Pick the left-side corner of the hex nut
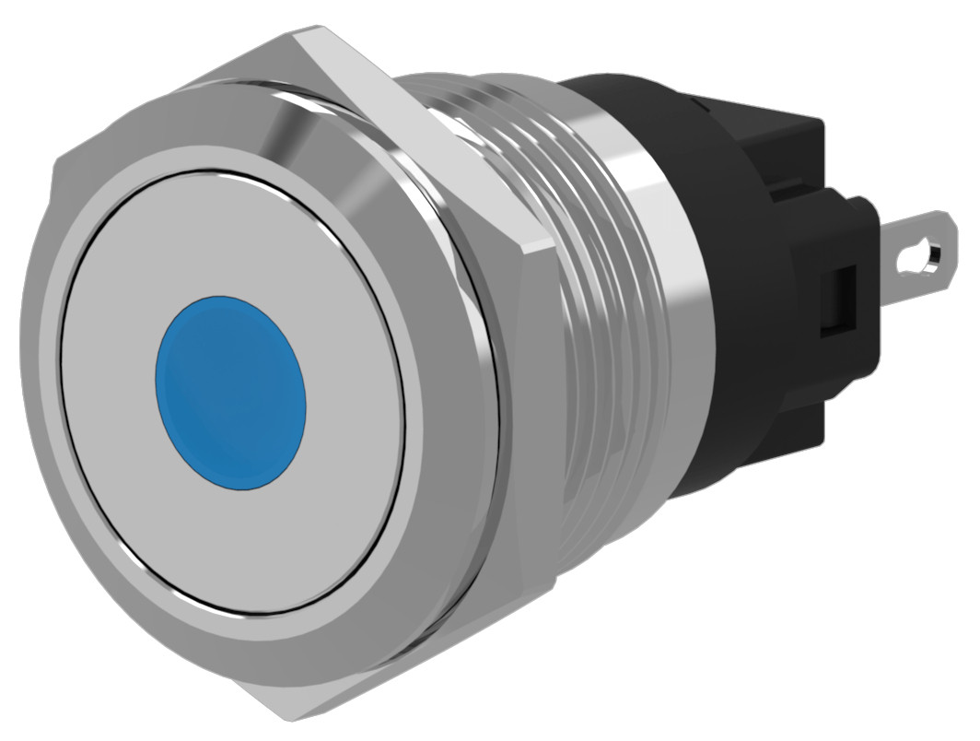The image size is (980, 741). click(x=57, y=166)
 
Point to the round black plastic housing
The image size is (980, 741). click(x=737, y=369)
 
